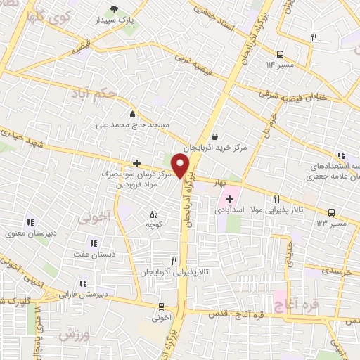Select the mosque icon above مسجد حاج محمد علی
tap(131, 114)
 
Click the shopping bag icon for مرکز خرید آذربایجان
tap(214, 137)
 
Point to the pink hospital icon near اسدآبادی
tap(230, 200)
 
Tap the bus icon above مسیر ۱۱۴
tap(280, 53)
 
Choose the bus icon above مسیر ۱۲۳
tap(331, 212)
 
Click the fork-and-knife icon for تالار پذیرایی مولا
tap(276, 200)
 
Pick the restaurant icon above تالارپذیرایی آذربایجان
tap(164, 260)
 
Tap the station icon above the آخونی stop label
tap(162, 307)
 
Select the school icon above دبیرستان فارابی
tap(83, 284)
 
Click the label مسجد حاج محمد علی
tap(133, 124)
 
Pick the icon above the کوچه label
tap(153, 214)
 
